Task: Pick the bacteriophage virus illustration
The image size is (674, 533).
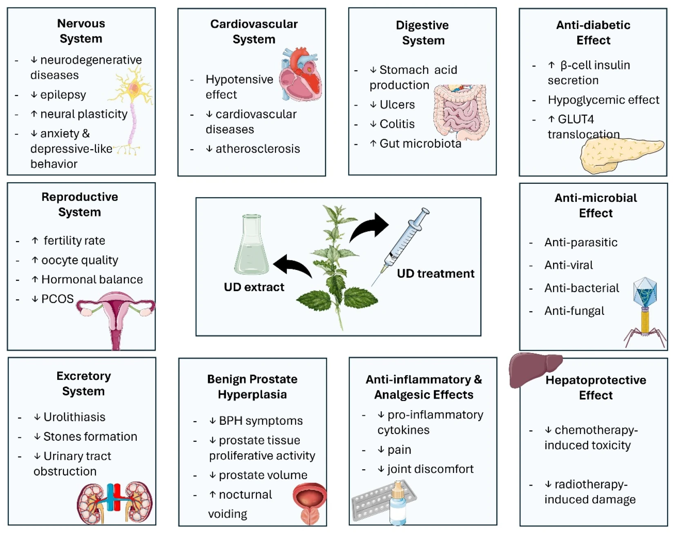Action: (x=645, y=310)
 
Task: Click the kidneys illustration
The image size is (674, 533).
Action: (x=114, y=502)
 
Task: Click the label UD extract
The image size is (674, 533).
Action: (x=254, y=287)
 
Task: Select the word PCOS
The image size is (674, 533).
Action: (x=58, y=299)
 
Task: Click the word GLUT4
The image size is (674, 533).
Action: (x=576, y=119)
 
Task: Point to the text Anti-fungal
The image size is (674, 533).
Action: (x=574, y=311)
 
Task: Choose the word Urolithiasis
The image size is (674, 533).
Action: (x=74, y=417)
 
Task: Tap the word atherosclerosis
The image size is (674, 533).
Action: (x=258, y=149)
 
